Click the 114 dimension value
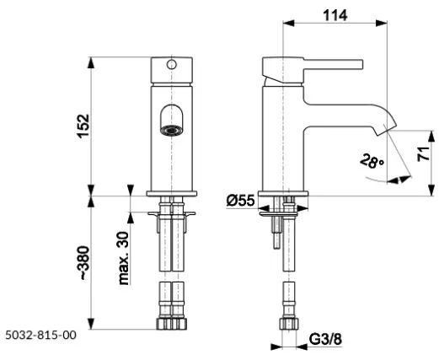point(335,15)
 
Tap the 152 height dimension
point(83,126)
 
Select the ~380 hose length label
point(84,263)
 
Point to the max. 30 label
point(124,259)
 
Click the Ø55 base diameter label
point(240,201)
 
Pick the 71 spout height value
point(423,153)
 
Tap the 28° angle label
point(372,161)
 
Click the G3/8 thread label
point(326,339)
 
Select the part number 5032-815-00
point(41,335)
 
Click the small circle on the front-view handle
point(171,64)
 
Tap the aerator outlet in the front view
point(171,131)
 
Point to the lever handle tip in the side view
point(361,64)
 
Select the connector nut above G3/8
point(289,324)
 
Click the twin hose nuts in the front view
point(172,324)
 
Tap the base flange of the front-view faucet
point(172,194)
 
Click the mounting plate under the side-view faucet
point(278,214)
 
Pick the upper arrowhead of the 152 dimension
point(91,62)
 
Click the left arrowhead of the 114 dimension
point(288,24)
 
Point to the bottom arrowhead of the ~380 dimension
point(91,324)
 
